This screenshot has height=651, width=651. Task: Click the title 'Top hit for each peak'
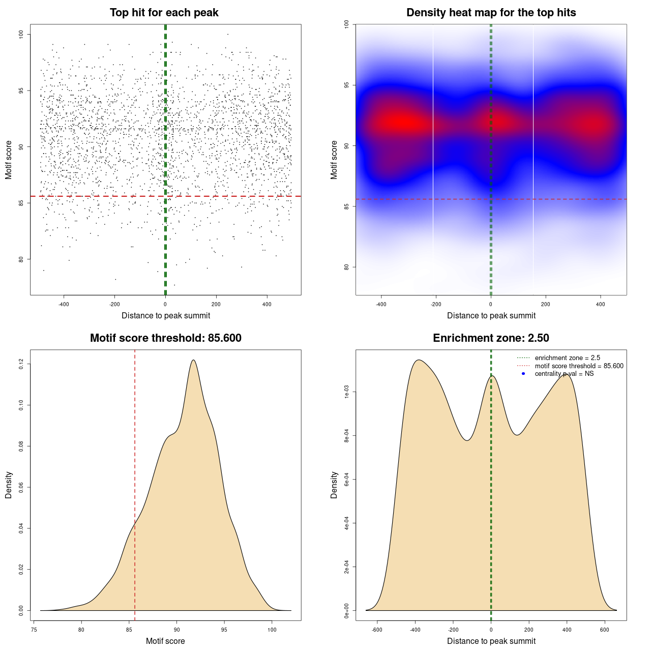164,13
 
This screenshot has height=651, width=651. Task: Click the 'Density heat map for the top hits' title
491,13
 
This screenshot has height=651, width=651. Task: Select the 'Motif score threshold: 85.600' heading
165,338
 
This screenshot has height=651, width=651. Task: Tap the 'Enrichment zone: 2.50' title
491,338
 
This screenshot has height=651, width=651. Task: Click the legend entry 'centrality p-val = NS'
564,374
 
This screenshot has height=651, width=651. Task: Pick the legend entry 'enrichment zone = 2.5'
567,358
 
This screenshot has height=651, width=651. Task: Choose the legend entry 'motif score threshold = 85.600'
579,366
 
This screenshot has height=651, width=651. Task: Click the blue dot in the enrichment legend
523,374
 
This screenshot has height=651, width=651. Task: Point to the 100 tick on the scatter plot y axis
21,34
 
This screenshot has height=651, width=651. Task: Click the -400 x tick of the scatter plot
64,304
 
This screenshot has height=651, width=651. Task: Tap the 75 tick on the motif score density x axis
34,630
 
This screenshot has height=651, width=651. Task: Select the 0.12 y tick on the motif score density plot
21,364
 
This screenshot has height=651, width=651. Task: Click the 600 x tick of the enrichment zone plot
605,630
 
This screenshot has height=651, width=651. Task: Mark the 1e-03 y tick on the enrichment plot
346,392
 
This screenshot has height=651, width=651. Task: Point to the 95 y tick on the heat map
346,85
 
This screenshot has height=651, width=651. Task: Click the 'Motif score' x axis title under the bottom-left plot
165,641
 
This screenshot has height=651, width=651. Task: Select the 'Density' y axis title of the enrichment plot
334,485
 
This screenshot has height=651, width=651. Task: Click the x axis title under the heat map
491,315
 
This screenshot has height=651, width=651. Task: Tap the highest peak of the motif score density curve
193,360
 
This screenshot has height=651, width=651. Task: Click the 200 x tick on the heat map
546,304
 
